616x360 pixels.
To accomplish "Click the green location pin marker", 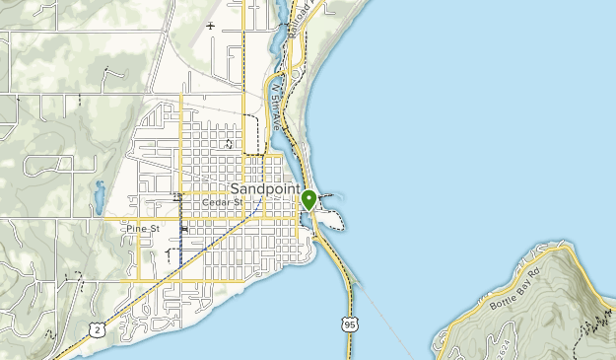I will tap(308, 199).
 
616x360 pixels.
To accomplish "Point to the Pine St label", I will tap(142, 229).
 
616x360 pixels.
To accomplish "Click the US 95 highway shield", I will tap(351, 323).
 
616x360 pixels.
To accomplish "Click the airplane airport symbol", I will tap(209, 26).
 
